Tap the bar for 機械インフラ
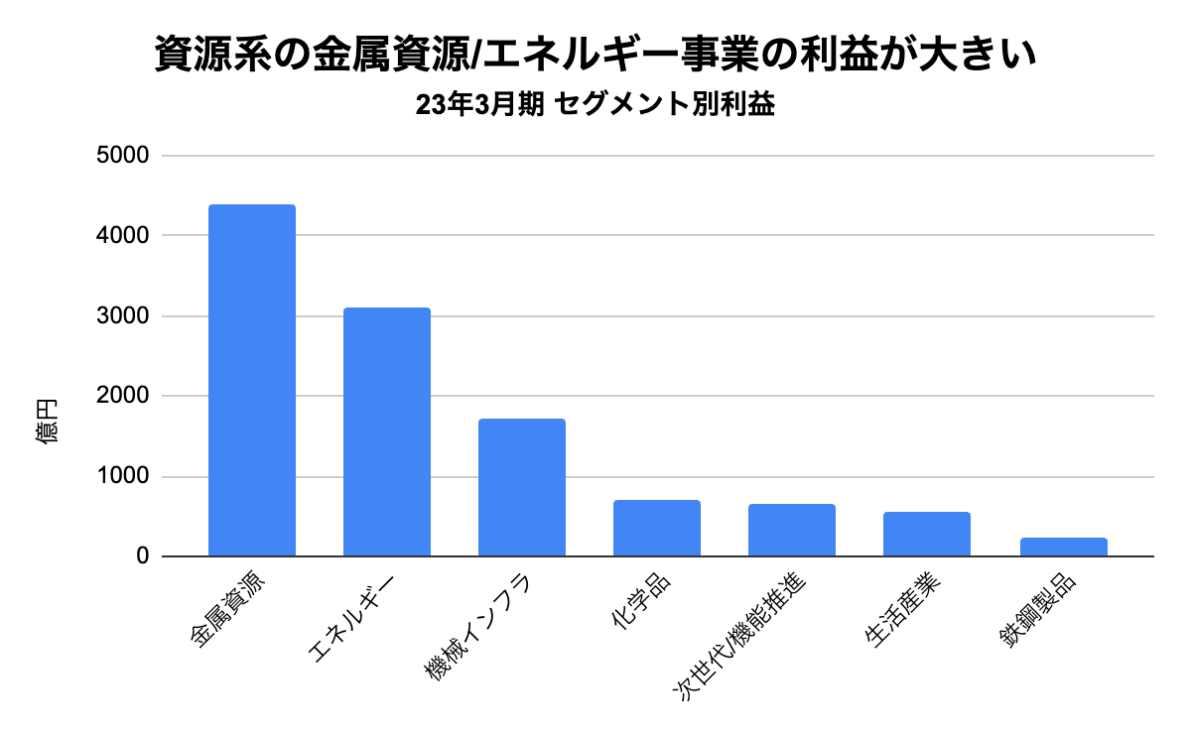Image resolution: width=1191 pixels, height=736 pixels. pos(522,487)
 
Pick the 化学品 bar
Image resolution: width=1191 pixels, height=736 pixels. pos(657,528)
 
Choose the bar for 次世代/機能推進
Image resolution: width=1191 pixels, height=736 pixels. pos(792,530)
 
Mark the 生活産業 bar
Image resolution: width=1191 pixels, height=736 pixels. pos(927,534)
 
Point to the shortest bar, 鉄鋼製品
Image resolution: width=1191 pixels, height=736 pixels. pos(1062,547)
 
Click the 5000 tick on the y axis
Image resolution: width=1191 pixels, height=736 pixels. pos(123,156)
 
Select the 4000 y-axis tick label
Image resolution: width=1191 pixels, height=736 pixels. pos(123,236)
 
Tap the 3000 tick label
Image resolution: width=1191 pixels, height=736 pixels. pos(123,316)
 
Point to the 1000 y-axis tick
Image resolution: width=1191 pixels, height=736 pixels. pos(123,477)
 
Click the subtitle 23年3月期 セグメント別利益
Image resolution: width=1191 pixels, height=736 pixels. pos(595,106)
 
